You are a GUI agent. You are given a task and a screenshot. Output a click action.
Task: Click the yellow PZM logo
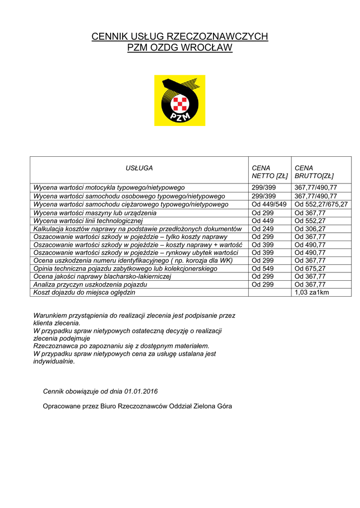(x=179, y=100)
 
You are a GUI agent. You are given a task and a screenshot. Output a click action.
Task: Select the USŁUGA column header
(x=139, y=168)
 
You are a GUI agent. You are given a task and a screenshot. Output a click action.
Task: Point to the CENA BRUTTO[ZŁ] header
(x=314, y=172)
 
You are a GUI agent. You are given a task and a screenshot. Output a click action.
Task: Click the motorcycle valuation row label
(x=109, y=188)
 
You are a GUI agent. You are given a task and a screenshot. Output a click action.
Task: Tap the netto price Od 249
(x=262, y=229)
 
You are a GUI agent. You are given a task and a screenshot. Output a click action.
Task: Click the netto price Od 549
(x=262, y=268)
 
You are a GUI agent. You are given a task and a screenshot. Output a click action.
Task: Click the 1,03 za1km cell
(x=312, y=292)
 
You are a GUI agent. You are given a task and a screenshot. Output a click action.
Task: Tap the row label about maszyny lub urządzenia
(x=95, y=212)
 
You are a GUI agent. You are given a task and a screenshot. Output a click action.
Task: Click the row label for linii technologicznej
(x=88, y=220)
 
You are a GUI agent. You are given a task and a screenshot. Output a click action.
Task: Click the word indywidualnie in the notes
(x=54, y=361)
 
